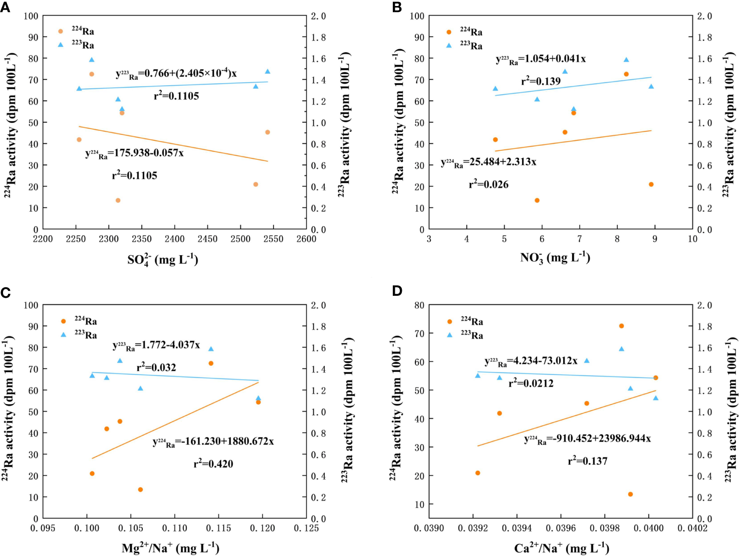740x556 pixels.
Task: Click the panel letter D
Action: click(x=397, y=291)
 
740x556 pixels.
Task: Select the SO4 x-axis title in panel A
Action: click(x=162, y=260)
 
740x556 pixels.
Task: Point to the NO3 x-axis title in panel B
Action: click(x=555, y=258)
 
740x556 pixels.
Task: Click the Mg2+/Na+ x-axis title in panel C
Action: click(x=170, y=547)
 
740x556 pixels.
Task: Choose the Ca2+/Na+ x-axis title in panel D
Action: click(x=561, y=548)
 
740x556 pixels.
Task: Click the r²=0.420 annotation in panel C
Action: click(x=213, y=464)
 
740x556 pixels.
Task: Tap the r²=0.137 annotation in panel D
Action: click(x=587, y=461)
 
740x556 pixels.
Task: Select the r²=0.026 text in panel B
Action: click(x=488, y=184)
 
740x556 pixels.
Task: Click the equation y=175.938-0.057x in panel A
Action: click(x=134, y=153)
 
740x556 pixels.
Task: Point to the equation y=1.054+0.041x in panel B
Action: click(x=541, y=59)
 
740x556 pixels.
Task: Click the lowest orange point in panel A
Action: click(x=118, y=201)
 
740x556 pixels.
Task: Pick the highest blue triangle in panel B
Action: click(x=626, y=60)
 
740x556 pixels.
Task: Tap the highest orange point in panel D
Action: click(x=621, y=326)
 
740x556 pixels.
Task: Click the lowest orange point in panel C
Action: click(x=140, y=489)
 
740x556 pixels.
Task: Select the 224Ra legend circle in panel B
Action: click(x=449, y=32)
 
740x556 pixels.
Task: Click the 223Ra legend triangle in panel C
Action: click(x=64, y=334)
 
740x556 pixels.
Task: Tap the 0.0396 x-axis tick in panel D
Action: click(x=561, y=528)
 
